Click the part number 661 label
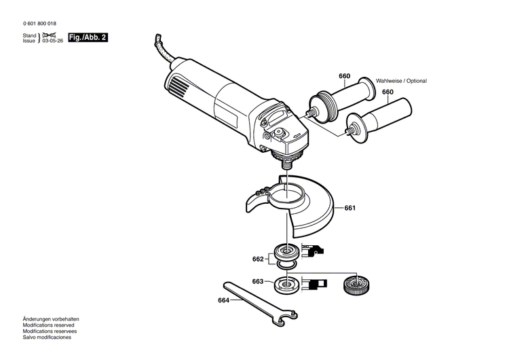[x=350, y=208]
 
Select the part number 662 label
[x=258, y=259]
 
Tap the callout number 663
[x=258, y=281]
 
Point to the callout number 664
[x=224, y=301]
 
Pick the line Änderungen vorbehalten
[x=51, y=319]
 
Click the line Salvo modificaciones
[x=47, y=337]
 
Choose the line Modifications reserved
[x=49, y=325]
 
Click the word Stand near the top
[x=29, y=35]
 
